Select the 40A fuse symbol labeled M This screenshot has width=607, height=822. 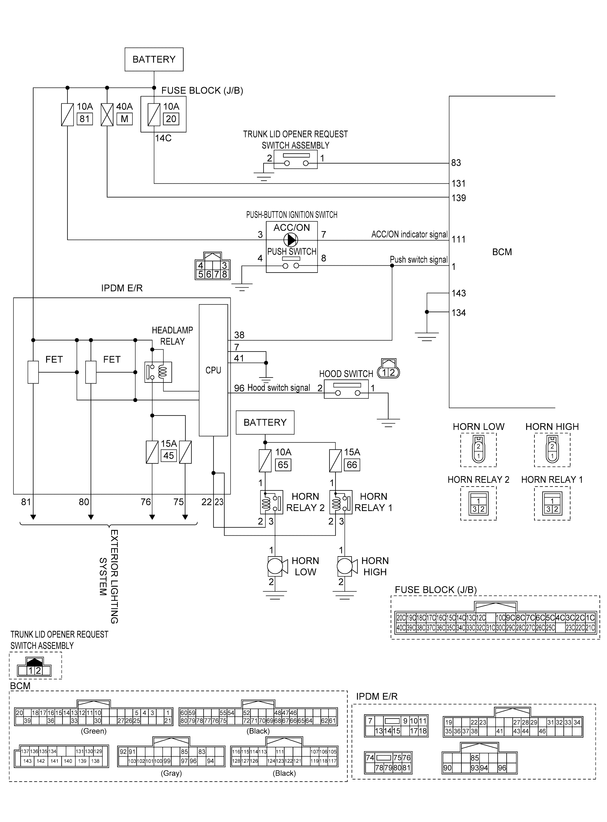click(x=107, y=115)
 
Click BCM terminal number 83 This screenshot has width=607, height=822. click(x=456, y=163)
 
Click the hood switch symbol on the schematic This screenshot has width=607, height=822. click(x=346, y=390)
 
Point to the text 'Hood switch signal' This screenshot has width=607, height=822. click(x=279, y=388)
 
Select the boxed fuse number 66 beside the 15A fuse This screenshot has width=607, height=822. click(x=352, y=465)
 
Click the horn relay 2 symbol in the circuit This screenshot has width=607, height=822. click(x=271, y=502)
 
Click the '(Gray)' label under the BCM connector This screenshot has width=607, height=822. click(x=171, y=773)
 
